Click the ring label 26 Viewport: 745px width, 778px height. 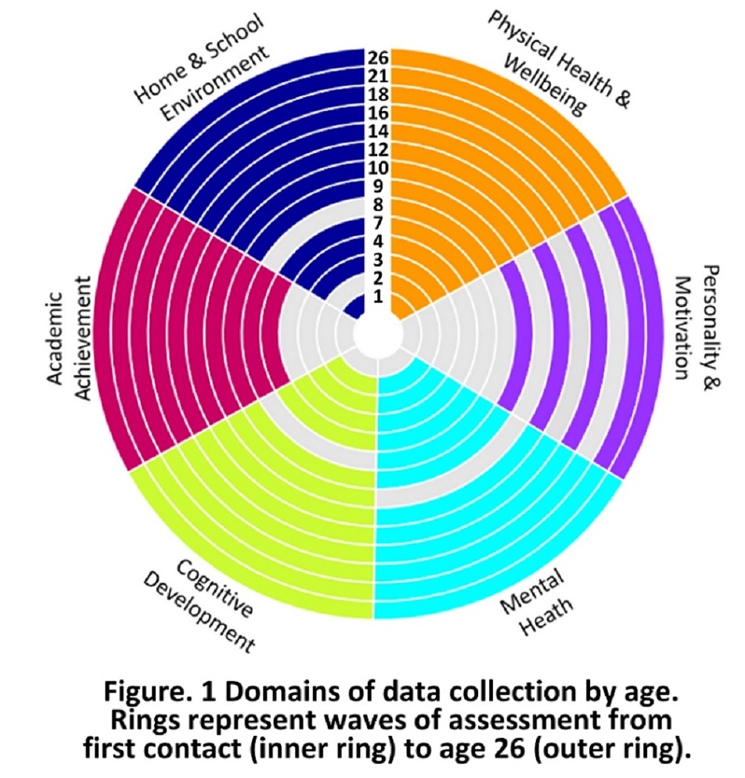(379, 58)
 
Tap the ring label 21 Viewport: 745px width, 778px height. (379, 76)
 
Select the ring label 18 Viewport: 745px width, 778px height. (379, 94)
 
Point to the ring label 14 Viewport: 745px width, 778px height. (379, 131)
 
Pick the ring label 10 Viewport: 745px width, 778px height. (379, 168)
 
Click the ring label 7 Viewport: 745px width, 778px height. (379, 223)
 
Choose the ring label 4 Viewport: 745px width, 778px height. (379, 241)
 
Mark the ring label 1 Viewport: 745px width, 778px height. (379, 296)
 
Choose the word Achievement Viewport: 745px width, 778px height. (83, 336)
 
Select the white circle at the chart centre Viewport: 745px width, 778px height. (378, 335)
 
